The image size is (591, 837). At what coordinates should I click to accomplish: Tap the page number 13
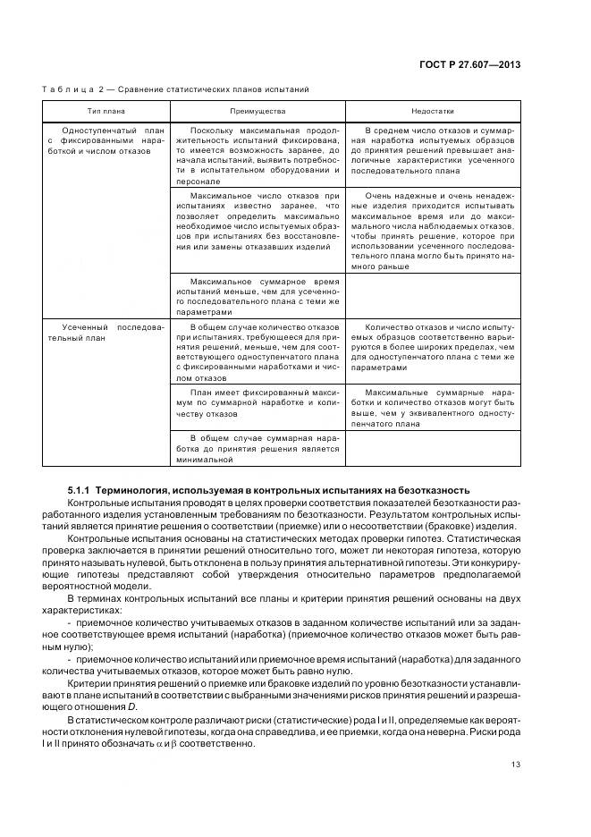pyautogui.click(x=515, y=764)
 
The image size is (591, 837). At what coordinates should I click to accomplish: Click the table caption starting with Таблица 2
pyautogui.click(x=175, y=90)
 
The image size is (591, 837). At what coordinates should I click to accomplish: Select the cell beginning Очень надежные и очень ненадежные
pyautogui.click(x=434, y=230)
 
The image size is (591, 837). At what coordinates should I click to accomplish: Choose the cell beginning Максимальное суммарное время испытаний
pyautogui.click(x=258, y=295)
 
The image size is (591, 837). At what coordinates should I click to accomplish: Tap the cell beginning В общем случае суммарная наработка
pyautogui.click(x=258, y=449)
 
